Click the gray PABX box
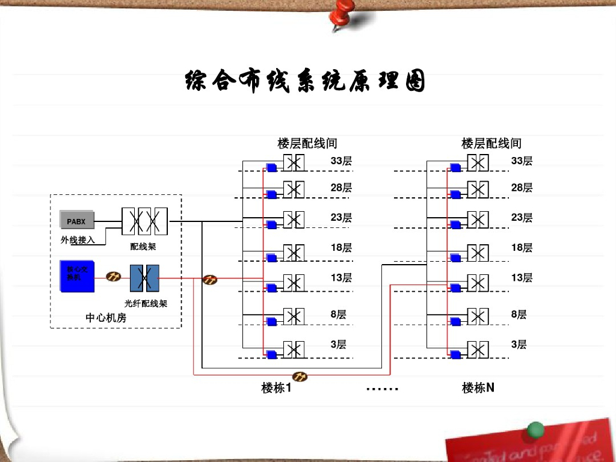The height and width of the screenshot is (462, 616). click(77, 221)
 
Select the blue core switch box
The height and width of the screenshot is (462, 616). click(76, 276)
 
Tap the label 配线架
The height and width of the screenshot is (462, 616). click(143, 247)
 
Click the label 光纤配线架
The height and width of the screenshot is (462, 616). click(146, 303)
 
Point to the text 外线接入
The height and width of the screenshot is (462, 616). click(78, 240)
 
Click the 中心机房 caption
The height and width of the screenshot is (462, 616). click(106, 318)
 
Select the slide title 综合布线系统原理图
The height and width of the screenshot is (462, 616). click(305, 82)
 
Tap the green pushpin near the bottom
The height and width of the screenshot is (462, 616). click(535, 430)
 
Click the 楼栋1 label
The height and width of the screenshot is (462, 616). click(276, 388)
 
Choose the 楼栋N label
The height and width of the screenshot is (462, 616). click(478, 388)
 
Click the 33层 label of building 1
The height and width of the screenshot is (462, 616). click(341, 161)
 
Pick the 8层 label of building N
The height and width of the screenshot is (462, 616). click(519, 315)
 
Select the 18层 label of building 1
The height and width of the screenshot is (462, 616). click(341, 248)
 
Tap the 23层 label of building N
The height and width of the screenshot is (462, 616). click(522, 218)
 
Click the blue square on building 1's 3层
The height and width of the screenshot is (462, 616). click(271, 355)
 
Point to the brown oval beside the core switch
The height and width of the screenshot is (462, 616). click(114, 277)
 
